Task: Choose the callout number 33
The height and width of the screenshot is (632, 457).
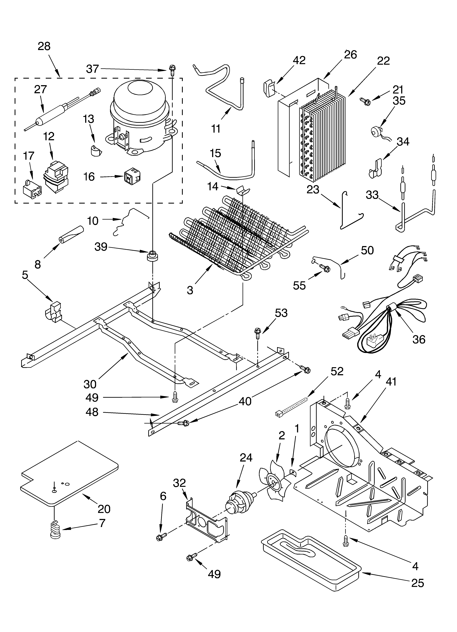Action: pos(372,195)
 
